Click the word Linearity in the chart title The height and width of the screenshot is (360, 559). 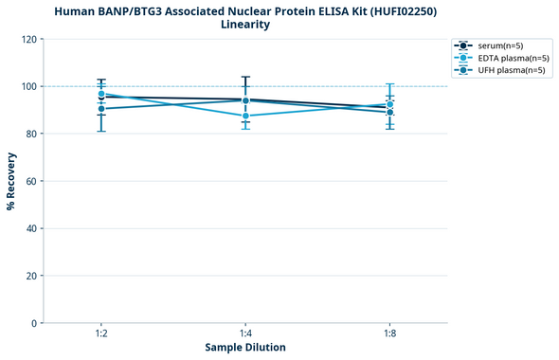245,25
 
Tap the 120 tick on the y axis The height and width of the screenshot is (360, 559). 29,39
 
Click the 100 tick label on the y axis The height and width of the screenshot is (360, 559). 29,86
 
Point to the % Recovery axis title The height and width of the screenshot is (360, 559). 10,180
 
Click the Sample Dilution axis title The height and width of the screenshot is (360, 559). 245,348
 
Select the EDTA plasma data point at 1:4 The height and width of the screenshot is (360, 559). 245,116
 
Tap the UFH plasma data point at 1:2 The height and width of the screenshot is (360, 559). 101,109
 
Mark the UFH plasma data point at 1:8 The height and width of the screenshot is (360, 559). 389,113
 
